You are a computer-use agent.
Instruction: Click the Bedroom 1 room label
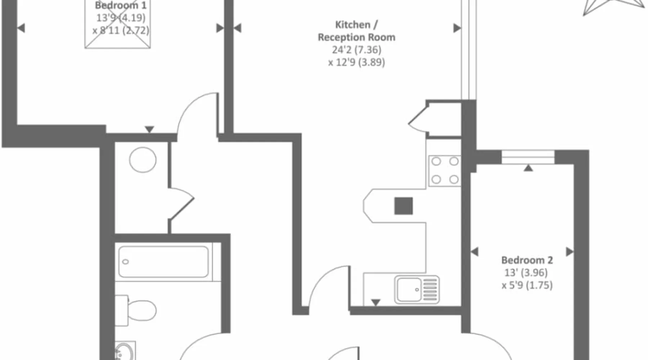[x=121, y=5]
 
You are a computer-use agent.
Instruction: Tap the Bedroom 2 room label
[x=527, y=260]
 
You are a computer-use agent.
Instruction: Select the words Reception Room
[x=356, y=37]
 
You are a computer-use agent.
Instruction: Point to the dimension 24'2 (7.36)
[x=356, y=50]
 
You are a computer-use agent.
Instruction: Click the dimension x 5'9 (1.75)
[x=527, y=285]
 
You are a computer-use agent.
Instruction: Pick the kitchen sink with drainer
[x=417, y=289]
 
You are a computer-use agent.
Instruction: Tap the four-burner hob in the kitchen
[x=445, y=170]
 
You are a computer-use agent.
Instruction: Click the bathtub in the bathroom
[x=164, y=262]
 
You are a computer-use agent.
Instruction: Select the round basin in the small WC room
[x=143, y=159]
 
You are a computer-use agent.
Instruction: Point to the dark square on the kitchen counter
[x=404, y=206]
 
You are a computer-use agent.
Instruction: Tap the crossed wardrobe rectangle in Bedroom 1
[x=118, y=24]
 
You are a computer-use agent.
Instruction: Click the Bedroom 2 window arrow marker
[x=528, y=167]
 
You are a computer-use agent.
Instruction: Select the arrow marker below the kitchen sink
[x=375, y=302]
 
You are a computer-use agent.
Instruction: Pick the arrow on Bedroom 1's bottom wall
[x=149, y=129]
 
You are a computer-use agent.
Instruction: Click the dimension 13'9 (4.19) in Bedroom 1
[x=121, y=18]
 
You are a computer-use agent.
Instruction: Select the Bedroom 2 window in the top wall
[x=528, y=157]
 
